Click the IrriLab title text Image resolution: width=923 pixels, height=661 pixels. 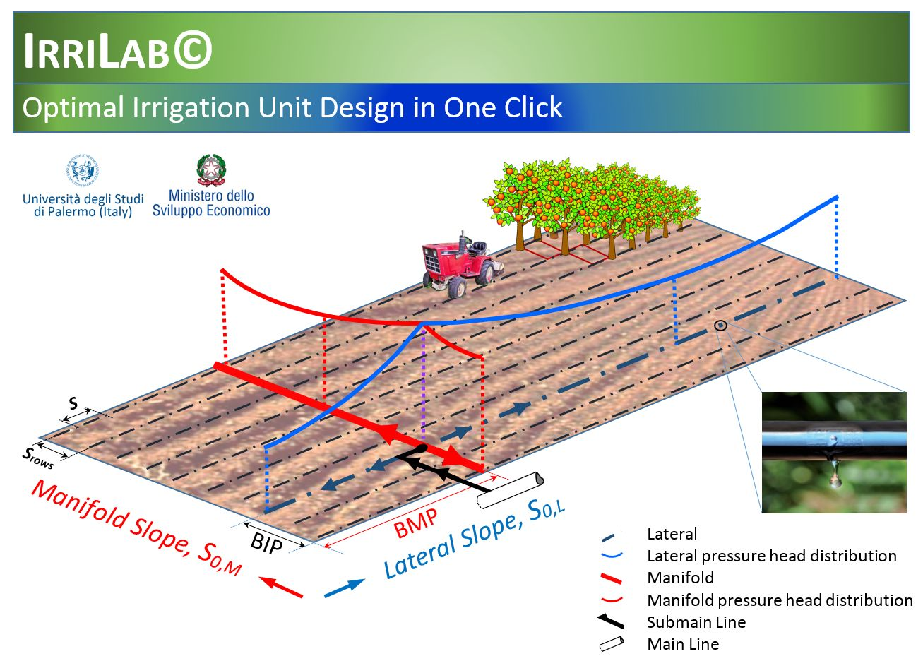click(x=118, y=50)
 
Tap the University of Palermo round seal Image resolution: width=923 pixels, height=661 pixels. click(x=83, y=169)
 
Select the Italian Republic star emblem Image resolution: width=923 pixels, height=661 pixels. click(x=211, y=169)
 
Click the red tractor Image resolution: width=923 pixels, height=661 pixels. click(x=462, y=263)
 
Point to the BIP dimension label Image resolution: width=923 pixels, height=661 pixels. click(x=266, y=543)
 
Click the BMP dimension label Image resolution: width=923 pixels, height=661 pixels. click(x=415, y=523)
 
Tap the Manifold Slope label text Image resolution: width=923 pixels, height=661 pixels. click(x=136, y=528)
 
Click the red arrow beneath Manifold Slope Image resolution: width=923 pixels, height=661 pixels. click(x=280, y=587)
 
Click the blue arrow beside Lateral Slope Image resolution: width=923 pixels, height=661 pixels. click(x=345, y=588)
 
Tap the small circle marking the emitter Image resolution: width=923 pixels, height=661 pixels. click(x=720, y=326)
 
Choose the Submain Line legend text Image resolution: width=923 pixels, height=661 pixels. click(x=696, y=622)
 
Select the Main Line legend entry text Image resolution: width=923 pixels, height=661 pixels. click(x=683, y=643)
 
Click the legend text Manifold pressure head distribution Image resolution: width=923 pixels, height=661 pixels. click(x=780, y=600)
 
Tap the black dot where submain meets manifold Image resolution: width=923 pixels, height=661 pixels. click(x=422, y=448)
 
